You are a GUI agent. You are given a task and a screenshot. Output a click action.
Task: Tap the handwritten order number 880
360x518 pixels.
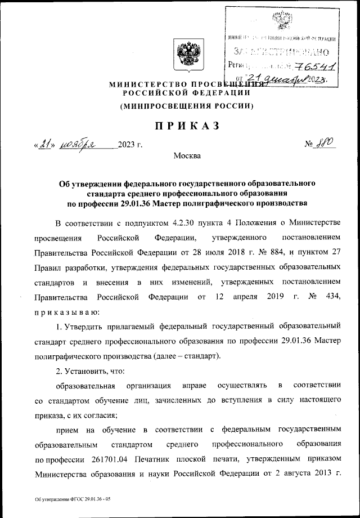[325, 144]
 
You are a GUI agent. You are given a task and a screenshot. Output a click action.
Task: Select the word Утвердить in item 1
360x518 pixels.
[89, 326]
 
